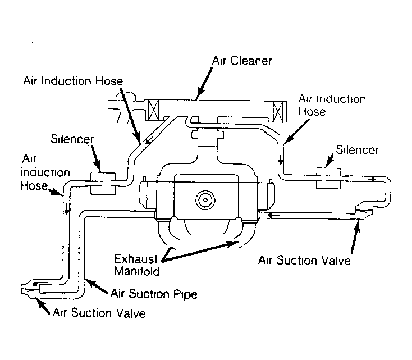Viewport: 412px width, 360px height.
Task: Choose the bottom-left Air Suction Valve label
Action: (99, 313)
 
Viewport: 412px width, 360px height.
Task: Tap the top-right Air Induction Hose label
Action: (332, 105)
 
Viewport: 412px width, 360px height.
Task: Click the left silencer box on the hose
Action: (102, 182)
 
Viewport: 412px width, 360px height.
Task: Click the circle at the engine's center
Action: (206, 199)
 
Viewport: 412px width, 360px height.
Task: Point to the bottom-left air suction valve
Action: (29, 290)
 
